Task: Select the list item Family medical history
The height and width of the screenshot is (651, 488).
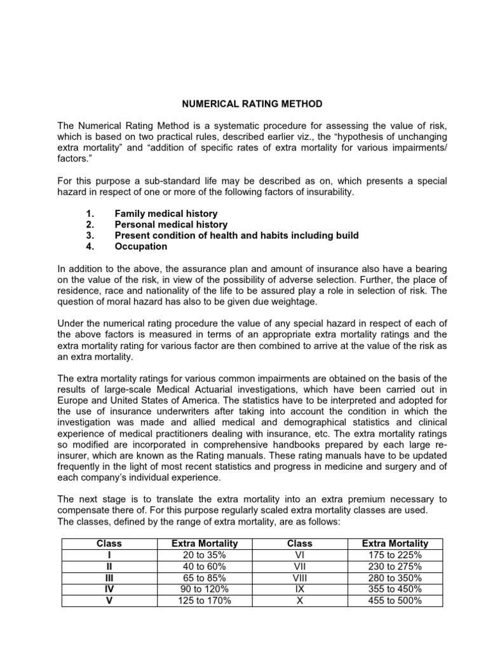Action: pyautogui.click(x=166, y=214)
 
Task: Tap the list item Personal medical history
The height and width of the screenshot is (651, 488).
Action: pyautogui.click(x=171, y=224)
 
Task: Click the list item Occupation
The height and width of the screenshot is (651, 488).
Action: pyautogui.click(x=141, y=246)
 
